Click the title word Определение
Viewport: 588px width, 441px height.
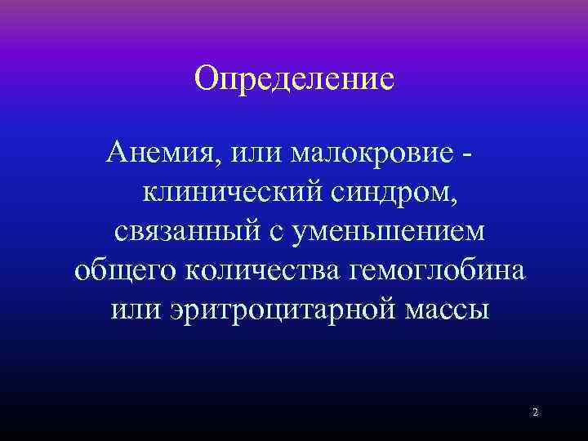point(295,80)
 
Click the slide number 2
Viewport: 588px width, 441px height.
point(535,412)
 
